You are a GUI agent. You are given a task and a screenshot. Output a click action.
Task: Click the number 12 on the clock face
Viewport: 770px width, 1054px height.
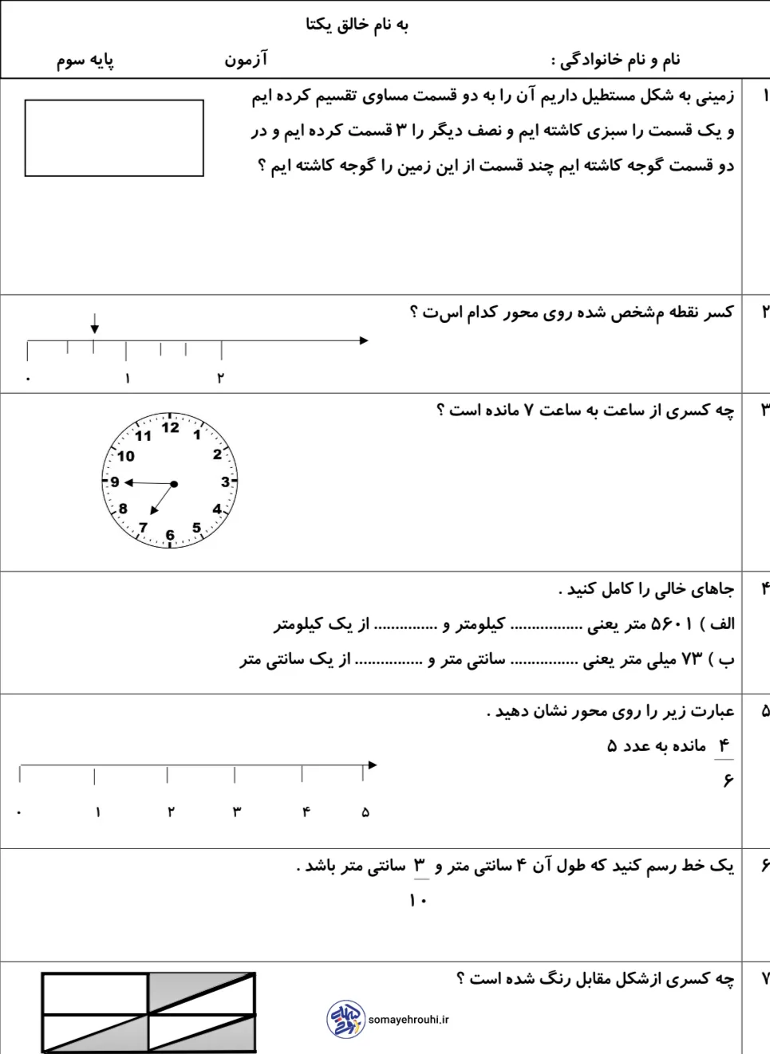point(170,427)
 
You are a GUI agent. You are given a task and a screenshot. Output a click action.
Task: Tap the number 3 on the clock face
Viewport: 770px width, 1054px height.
point(225,482)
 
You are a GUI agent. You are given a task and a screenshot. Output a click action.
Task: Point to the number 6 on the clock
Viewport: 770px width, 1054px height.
point(170,535)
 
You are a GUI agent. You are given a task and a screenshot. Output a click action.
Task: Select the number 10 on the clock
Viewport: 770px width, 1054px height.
point(126,456)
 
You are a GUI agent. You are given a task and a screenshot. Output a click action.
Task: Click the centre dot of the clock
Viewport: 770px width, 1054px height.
point(174,484)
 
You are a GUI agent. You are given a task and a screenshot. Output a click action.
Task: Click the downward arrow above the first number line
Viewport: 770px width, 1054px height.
point(95,324)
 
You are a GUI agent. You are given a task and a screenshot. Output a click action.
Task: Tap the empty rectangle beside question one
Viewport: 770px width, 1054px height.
point(114,138)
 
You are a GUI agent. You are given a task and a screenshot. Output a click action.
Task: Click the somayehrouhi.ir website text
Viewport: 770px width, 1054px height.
point(409,1020)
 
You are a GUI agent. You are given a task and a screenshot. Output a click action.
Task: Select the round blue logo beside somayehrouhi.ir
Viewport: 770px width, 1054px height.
point(346,1020)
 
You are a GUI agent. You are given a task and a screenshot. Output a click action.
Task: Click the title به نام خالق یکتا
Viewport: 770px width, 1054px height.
point(357,25)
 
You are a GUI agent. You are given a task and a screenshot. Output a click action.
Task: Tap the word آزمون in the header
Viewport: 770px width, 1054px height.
point(246,60)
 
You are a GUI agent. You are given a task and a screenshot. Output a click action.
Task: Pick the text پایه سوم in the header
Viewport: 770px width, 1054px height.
point(85,61)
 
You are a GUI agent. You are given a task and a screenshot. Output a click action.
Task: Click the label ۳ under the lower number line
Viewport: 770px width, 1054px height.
point(236,812)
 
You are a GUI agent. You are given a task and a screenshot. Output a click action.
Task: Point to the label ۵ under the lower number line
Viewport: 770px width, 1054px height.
point(365,812)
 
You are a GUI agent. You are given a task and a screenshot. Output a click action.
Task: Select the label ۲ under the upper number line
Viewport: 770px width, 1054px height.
point(220,378)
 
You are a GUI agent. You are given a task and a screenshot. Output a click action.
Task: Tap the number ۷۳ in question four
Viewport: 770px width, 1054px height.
point(692,660)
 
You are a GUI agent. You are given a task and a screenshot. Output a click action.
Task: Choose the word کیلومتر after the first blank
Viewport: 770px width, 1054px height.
point(480,624)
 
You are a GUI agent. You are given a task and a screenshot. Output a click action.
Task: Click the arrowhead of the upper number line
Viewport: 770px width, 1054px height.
point(364,340)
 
